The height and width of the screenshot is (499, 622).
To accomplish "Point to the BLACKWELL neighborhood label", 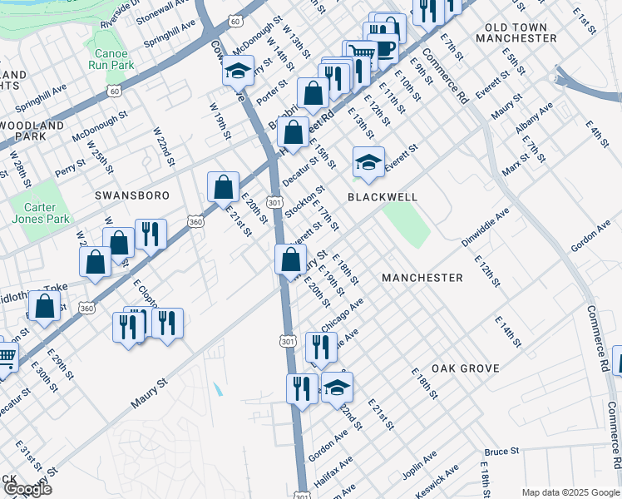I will [381, 197].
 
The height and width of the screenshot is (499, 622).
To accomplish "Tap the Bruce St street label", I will [502, 452].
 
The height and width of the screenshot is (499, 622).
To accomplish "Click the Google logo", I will [28, 489].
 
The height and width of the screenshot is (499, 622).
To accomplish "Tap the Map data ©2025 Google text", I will [570, 492].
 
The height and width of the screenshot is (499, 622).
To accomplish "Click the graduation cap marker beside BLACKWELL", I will [368, 162].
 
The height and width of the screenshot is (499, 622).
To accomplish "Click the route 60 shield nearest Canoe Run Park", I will [114, 90].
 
